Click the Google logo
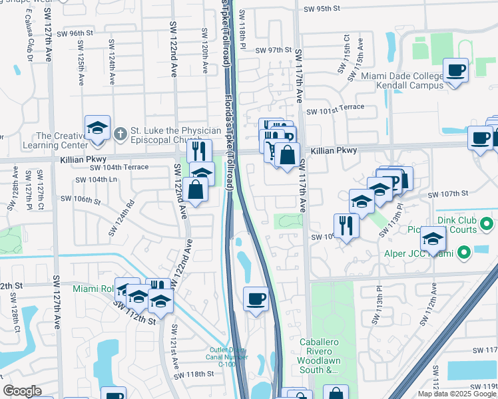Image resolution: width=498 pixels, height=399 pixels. click(x=22, y=391)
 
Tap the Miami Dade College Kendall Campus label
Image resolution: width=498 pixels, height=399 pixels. click(x=402, y=80)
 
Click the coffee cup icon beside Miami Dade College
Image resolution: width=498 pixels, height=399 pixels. click(x=456, y=70)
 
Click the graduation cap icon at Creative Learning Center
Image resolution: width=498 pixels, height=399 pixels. click(x=97, y=128)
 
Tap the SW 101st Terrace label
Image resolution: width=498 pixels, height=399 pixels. click(x=336, y=106)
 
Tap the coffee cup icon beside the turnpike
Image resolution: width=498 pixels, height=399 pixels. click(x=256, y=299)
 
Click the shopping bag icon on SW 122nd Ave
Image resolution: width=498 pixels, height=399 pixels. click(x=198, y=190)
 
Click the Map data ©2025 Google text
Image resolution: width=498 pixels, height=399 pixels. click(x=457, y=394)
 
